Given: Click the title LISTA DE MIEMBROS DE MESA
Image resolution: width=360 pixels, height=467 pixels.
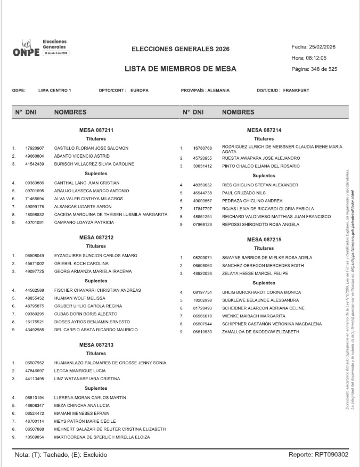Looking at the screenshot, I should (x=180, y=69).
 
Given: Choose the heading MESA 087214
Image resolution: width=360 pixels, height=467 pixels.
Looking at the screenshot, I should (x=264, y=130).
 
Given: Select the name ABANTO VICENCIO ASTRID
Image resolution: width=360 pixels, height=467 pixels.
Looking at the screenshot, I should (x=81, y=156).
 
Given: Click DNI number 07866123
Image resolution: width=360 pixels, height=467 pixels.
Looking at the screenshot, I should (x=202, y=225).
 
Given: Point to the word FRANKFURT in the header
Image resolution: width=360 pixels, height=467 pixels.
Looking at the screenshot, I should (x=296, y=91).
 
